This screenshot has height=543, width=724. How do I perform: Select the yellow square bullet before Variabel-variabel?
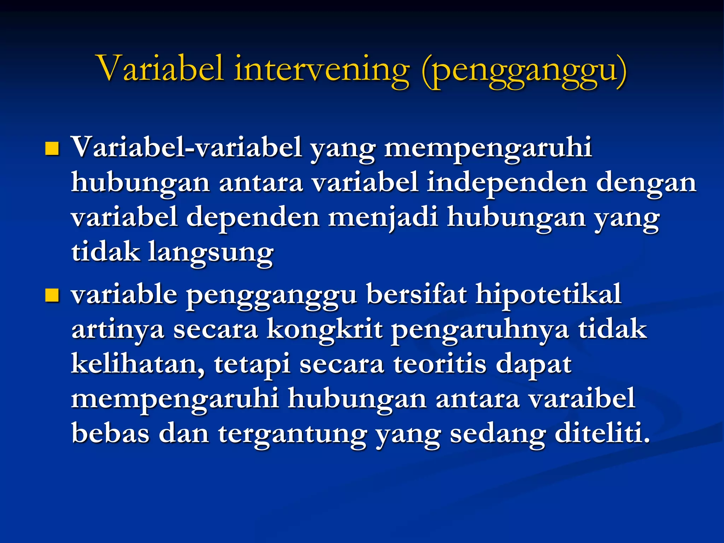(52, 149)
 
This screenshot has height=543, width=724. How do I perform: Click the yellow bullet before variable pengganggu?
(52, 296)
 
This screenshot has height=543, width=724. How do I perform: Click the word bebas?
(110, 433)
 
